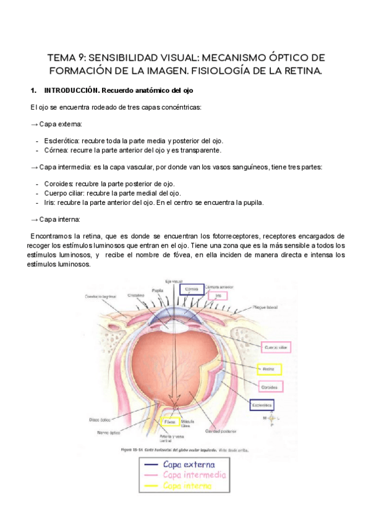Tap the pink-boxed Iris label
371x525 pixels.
pyautogui.click(x=216, y=296)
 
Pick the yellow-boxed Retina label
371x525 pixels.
pyautogui.click(x=269, y=370)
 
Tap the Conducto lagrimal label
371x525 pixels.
pyautogui.click(x=101, y=296)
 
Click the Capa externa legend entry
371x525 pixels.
pyautogui.click(x=189, y=464)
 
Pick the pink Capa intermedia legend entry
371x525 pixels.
pyautogui.click(x=194, y=475)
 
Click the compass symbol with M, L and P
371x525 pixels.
pyautogui.click(x=270, y=419)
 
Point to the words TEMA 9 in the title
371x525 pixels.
pyautogui.click(x=64, y=58)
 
